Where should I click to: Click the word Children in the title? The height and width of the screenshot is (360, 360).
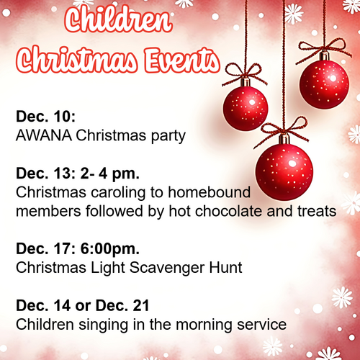click(x=118, y=19)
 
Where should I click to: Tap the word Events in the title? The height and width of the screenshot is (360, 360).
click(x=182, y=60)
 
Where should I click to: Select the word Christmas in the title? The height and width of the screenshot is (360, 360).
click(x=77, y=60)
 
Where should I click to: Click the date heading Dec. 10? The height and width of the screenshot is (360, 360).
click(x=45, y=117)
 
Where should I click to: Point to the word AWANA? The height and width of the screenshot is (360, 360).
click(x=44, y=135)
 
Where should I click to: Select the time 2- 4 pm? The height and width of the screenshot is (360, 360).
click(x=110, y=174)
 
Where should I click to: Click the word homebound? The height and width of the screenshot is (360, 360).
click(x=210, y=192)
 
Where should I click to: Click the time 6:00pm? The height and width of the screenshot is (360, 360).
click(x=110, y=249)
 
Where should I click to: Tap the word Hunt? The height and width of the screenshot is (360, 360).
click(x=225, y=268)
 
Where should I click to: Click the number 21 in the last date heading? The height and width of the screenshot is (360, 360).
click(x=142, y=305)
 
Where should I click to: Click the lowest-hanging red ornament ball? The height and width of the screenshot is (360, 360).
click(x=284, y=171)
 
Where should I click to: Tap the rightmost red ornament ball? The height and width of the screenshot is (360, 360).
click(x=324, y=84)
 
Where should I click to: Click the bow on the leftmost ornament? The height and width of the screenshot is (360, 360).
click(x=244, y=73)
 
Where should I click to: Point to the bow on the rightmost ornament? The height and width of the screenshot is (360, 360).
click(x=324, y=50)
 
